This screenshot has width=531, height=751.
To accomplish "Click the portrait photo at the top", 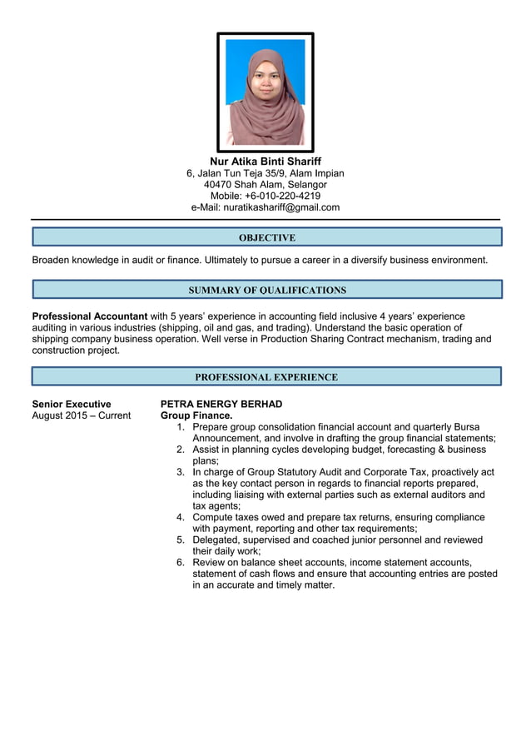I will point(265,92).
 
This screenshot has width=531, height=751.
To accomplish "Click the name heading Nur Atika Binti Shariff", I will point(265,161).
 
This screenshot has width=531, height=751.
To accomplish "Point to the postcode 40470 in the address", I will point(217,184).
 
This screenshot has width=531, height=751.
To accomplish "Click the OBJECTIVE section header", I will point(266,237).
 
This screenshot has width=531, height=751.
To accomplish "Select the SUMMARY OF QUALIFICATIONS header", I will point(266,291).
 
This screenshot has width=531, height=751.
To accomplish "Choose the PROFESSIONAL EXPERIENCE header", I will point(266,377).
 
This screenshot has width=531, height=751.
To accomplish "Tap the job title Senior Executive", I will point(72,404).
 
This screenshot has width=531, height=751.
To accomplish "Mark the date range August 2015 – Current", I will point(81,415).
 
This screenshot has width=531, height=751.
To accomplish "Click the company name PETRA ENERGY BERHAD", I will point(221,404).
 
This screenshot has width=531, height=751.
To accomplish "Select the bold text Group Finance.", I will point(196,415).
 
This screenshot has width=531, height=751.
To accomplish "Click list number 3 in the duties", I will point(181,471).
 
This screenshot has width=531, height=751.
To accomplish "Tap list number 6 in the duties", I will point(181,562).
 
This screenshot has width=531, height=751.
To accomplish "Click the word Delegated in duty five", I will point(219,540).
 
